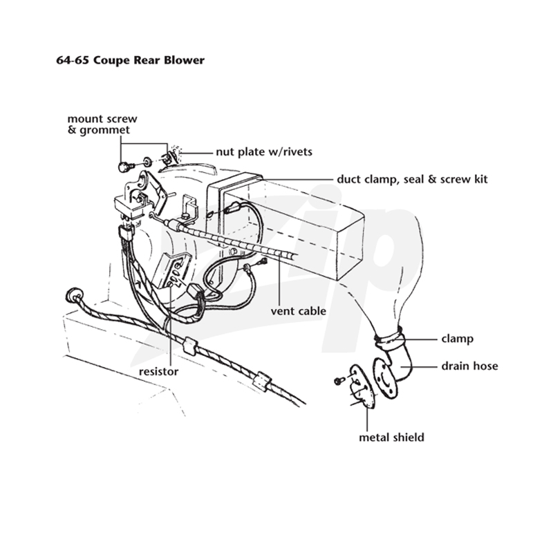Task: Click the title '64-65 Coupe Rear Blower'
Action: tap(130, 60)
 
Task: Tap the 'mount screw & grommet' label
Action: tap(102, 124)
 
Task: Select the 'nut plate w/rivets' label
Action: tap(264, 151)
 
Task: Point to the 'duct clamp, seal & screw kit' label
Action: tap(412, 179)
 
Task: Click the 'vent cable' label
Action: tap(299, 311)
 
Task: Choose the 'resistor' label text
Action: tap(159, 371)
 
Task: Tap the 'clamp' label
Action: tap(457, 339)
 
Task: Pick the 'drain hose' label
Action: tap(470, 366)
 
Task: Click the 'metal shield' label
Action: tap(391, 438)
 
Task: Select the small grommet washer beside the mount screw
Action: tap(147, 162)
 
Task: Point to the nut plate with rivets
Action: tap(170, 158)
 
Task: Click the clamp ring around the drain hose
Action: tap(389, 337)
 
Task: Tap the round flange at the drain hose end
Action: tap(384, 378)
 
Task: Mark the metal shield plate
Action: tap(362, 386)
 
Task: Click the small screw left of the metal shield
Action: tap(339, 381)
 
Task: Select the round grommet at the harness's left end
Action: tap(74, 295)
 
